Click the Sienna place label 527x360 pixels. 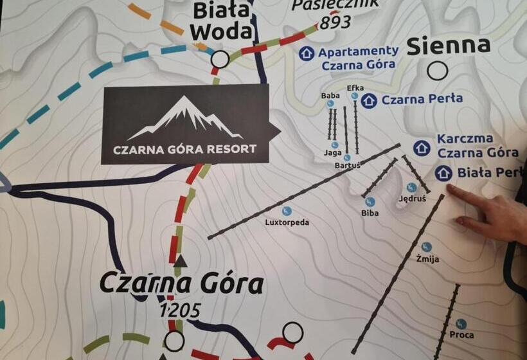[449, 46]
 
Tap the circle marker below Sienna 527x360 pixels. [438, 71]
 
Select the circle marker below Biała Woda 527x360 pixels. [220, 60]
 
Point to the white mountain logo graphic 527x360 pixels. [185, 118]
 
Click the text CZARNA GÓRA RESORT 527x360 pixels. [184, 149]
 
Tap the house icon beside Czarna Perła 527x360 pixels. [369, 100]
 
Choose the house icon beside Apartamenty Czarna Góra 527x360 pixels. [307, 53]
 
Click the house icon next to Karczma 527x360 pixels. [422, 148]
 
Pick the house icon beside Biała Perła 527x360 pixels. [443, 173]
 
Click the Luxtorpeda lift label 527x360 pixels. [287, 222]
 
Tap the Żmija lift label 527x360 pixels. [427, 258]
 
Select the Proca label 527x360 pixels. [461, 335]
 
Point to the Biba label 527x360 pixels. [370, 212]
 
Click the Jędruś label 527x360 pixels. [412, 199]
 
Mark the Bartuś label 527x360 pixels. [347, 165]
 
